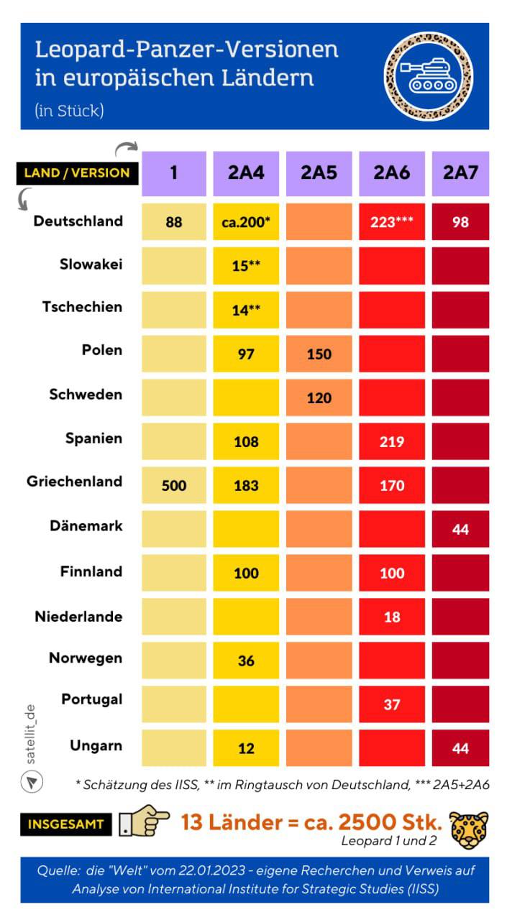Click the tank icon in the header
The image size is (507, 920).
pos(429,76)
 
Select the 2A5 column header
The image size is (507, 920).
pos(319,173)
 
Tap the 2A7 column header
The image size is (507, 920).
pos(460,173)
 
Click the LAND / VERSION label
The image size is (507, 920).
pos(77,172)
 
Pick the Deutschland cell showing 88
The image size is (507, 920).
pos(173,222)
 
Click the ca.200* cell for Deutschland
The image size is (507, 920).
pos(246,222)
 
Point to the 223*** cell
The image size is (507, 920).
pos(392,222)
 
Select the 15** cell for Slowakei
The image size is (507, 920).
pos(246,266)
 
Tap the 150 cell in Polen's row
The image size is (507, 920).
pos(319,354)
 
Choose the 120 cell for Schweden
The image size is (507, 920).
pos(319,397)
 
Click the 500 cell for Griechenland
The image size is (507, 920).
pos(173,486)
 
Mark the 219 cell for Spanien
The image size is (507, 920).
pos(392,441)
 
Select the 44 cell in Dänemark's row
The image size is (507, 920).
pos(460,529)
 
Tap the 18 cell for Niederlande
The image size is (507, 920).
pos(392,617)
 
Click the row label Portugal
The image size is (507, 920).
pos(91,699)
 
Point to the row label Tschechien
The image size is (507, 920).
pos(81,307)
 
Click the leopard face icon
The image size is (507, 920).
pos(469,829)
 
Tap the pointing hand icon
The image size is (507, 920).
pos(144,823)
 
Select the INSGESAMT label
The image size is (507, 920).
pos(65,824)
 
